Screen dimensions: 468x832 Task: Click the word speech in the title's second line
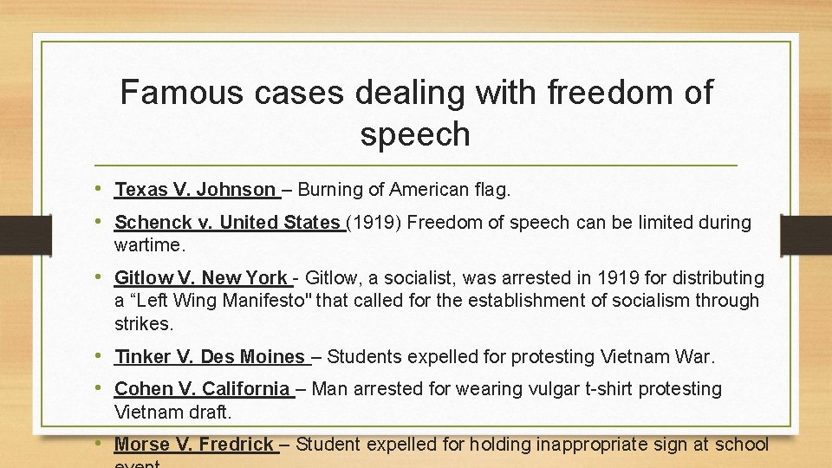click(415, 134)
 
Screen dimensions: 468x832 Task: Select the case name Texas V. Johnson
click(195, 189)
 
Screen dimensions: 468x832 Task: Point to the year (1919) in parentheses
click(374, 223)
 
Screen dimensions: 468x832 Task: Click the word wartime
click(150, 244)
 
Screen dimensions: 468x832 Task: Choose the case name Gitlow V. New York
click(200, 278)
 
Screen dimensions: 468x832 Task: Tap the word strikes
click(144, 323)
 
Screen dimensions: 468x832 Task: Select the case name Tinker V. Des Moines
click(209, 356)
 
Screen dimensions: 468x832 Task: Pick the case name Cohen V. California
click(202, 389)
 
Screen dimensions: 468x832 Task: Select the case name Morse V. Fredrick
click(194, 445)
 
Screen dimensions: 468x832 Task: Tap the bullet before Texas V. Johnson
click(103, 188)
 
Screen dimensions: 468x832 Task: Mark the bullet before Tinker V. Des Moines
click(103, 355)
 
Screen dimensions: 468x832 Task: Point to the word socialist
click(420, 278)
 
